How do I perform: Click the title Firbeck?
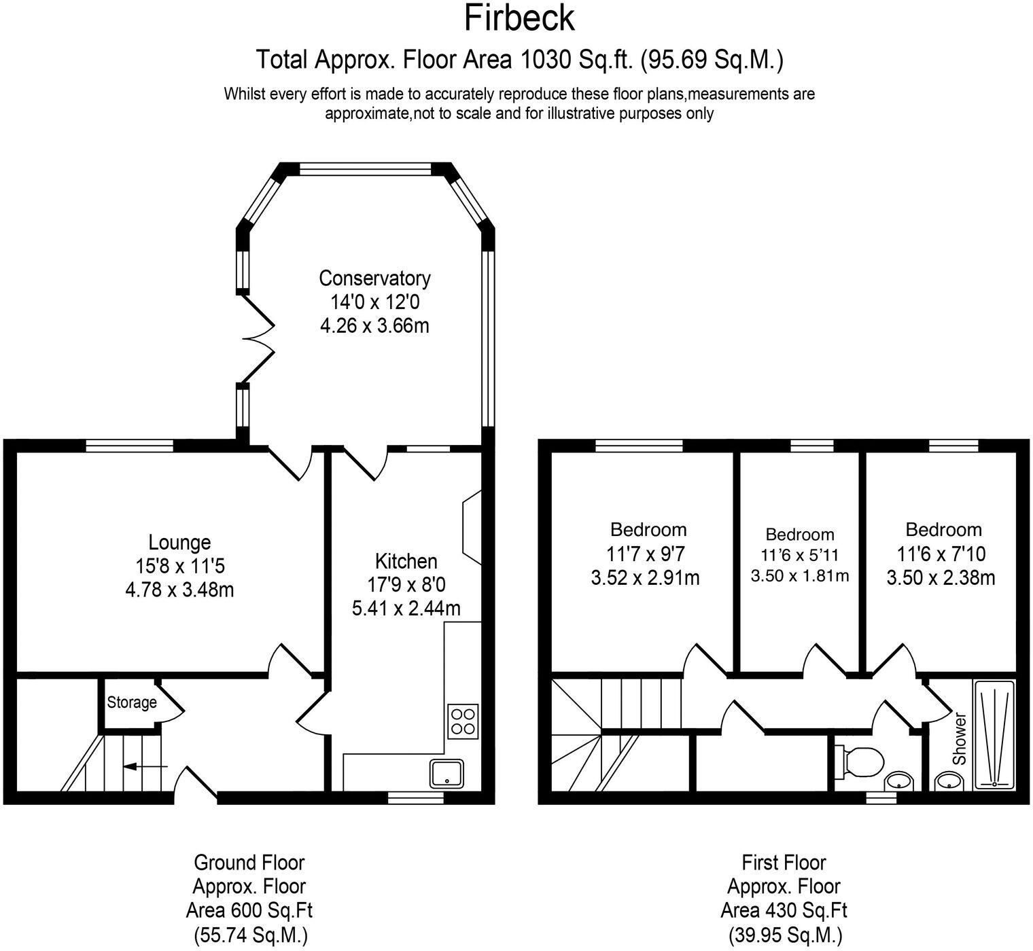click(x=519, y=18)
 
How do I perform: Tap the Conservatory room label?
click(x=374, y=278)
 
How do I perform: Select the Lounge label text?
click(x=179, y=542)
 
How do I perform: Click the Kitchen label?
click(x=406, y=560)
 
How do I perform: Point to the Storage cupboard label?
click(x=132, y=702)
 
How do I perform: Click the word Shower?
click(x=960, y=738)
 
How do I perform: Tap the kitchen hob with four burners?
click(x=463, y=721)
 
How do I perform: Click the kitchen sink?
click(x=447, y=774)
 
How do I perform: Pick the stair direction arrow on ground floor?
click(x=145, y=767)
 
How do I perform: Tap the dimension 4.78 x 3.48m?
click(x=179, y=590)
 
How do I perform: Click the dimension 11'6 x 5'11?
click(x=800, y=555)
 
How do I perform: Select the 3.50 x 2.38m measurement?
click(x=941, y=577)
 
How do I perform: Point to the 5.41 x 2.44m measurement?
click(x=406, y=609)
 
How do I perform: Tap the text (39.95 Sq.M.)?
click(x=784, y=934)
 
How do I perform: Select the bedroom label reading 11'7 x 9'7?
click(x=645, y=554)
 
